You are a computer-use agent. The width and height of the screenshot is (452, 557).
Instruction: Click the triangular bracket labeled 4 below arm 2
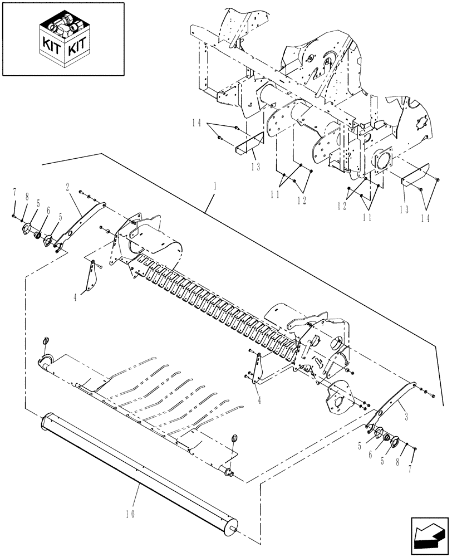coord(89,276)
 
